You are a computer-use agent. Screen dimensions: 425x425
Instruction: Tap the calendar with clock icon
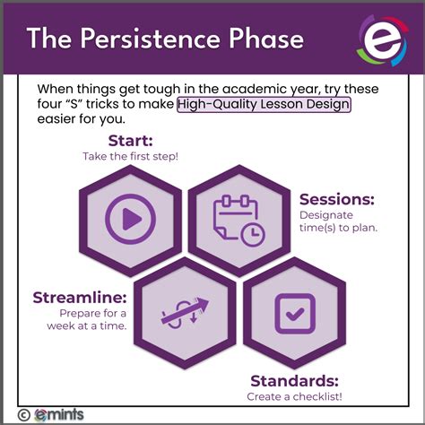click(x=237, y=219)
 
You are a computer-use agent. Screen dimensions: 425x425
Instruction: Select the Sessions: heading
click(x=336, y=199)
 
